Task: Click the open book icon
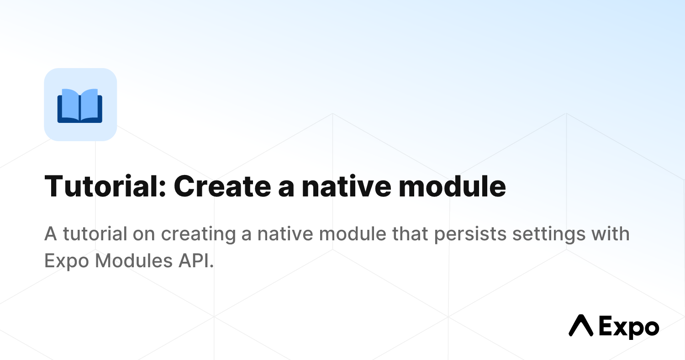click(x=80, y=105)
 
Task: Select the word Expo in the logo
click(x=628, y=327)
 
